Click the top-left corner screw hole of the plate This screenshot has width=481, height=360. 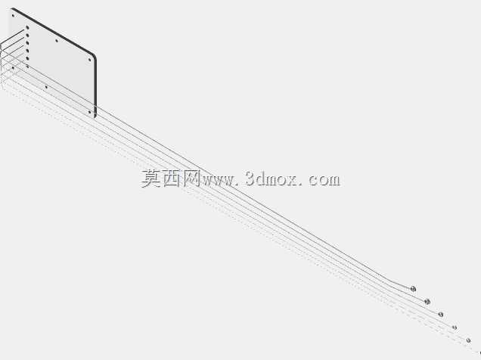13,16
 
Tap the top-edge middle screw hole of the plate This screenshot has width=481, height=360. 57,40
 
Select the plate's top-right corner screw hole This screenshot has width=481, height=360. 89,60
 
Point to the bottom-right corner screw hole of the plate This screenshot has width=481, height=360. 89,112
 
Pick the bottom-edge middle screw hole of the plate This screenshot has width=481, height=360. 46,87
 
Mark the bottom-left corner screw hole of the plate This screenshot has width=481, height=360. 13,68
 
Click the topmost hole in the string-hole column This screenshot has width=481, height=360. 27,27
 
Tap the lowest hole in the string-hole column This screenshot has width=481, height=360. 27,67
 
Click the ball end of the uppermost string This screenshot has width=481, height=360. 413,289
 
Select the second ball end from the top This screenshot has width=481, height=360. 427,302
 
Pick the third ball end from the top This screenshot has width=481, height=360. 441,315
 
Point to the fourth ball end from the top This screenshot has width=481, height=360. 455,327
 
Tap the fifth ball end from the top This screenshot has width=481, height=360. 468,340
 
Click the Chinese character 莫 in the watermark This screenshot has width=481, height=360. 151,178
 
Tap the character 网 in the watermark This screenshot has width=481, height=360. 191,178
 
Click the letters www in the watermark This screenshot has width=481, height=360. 218,181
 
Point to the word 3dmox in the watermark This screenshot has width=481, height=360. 272,178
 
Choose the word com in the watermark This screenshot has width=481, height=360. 324,180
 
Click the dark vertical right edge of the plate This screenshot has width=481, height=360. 95,86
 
